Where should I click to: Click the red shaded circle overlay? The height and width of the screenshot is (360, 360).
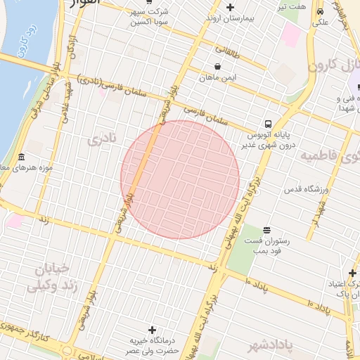(x=180, y=180)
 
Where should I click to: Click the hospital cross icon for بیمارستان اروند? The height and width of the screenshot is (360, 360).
(x=230, y=7)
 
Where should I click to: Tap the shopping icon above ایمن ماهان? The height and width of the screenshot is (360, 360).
(x=218, y=67)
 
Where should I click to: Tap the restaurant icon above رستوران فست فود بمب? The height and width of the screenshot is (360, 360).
(x=266, y=230)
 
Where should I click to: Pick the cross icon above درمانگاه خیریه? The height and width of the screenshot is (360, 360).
(x=152, y=329)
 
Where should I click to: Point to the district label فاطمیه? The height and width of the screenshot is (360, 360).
(x=329, y=155)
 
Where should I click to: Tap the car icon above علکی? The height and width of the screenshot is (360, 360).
(x=321, y=11)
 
